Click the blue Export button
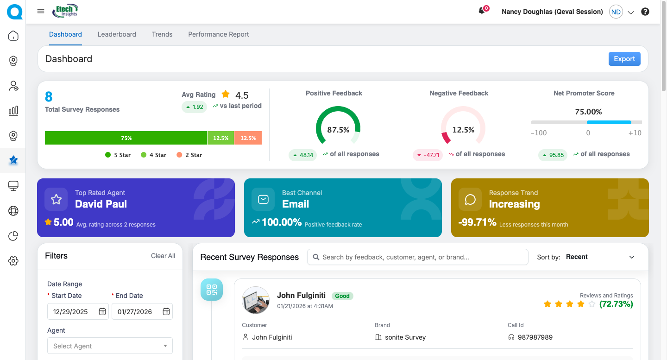point(624,59)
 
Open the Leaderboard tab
point(117,34)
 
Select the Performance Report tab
point(219,34)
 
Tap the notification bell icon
point(482,12)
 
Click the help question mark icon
point(645,12)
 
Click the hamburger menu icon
point(41,12)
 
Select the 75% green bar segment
point(126,138)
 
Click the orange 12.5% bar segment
point(248,138)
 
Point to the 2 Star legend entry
point(189,155)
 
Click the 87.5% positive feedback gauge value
point(338,130)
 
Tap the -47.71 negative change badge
point(428,155)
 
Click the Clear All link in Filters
point(163,256)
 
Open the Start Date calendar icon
point(102,312)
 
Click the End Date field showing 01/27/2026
point(137,312)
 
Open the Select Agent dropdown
point(110,346)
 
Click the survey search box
point(418,257)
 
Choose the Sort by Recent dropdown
point(600,257)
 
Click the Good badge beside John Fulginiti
point(342,296)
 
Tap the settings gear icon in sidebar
point(13,261)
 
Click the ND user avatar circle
point(616,12)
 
